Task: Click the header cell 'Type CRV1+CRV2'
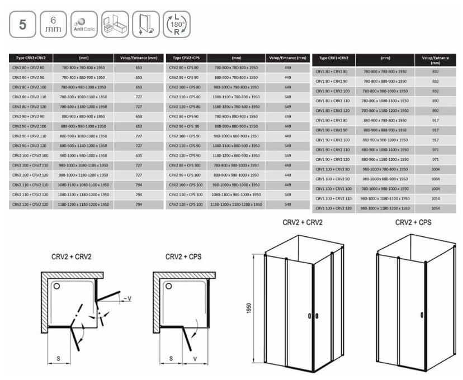(334, 58)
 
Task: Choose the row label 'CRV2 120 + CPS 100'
(185, 205)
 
